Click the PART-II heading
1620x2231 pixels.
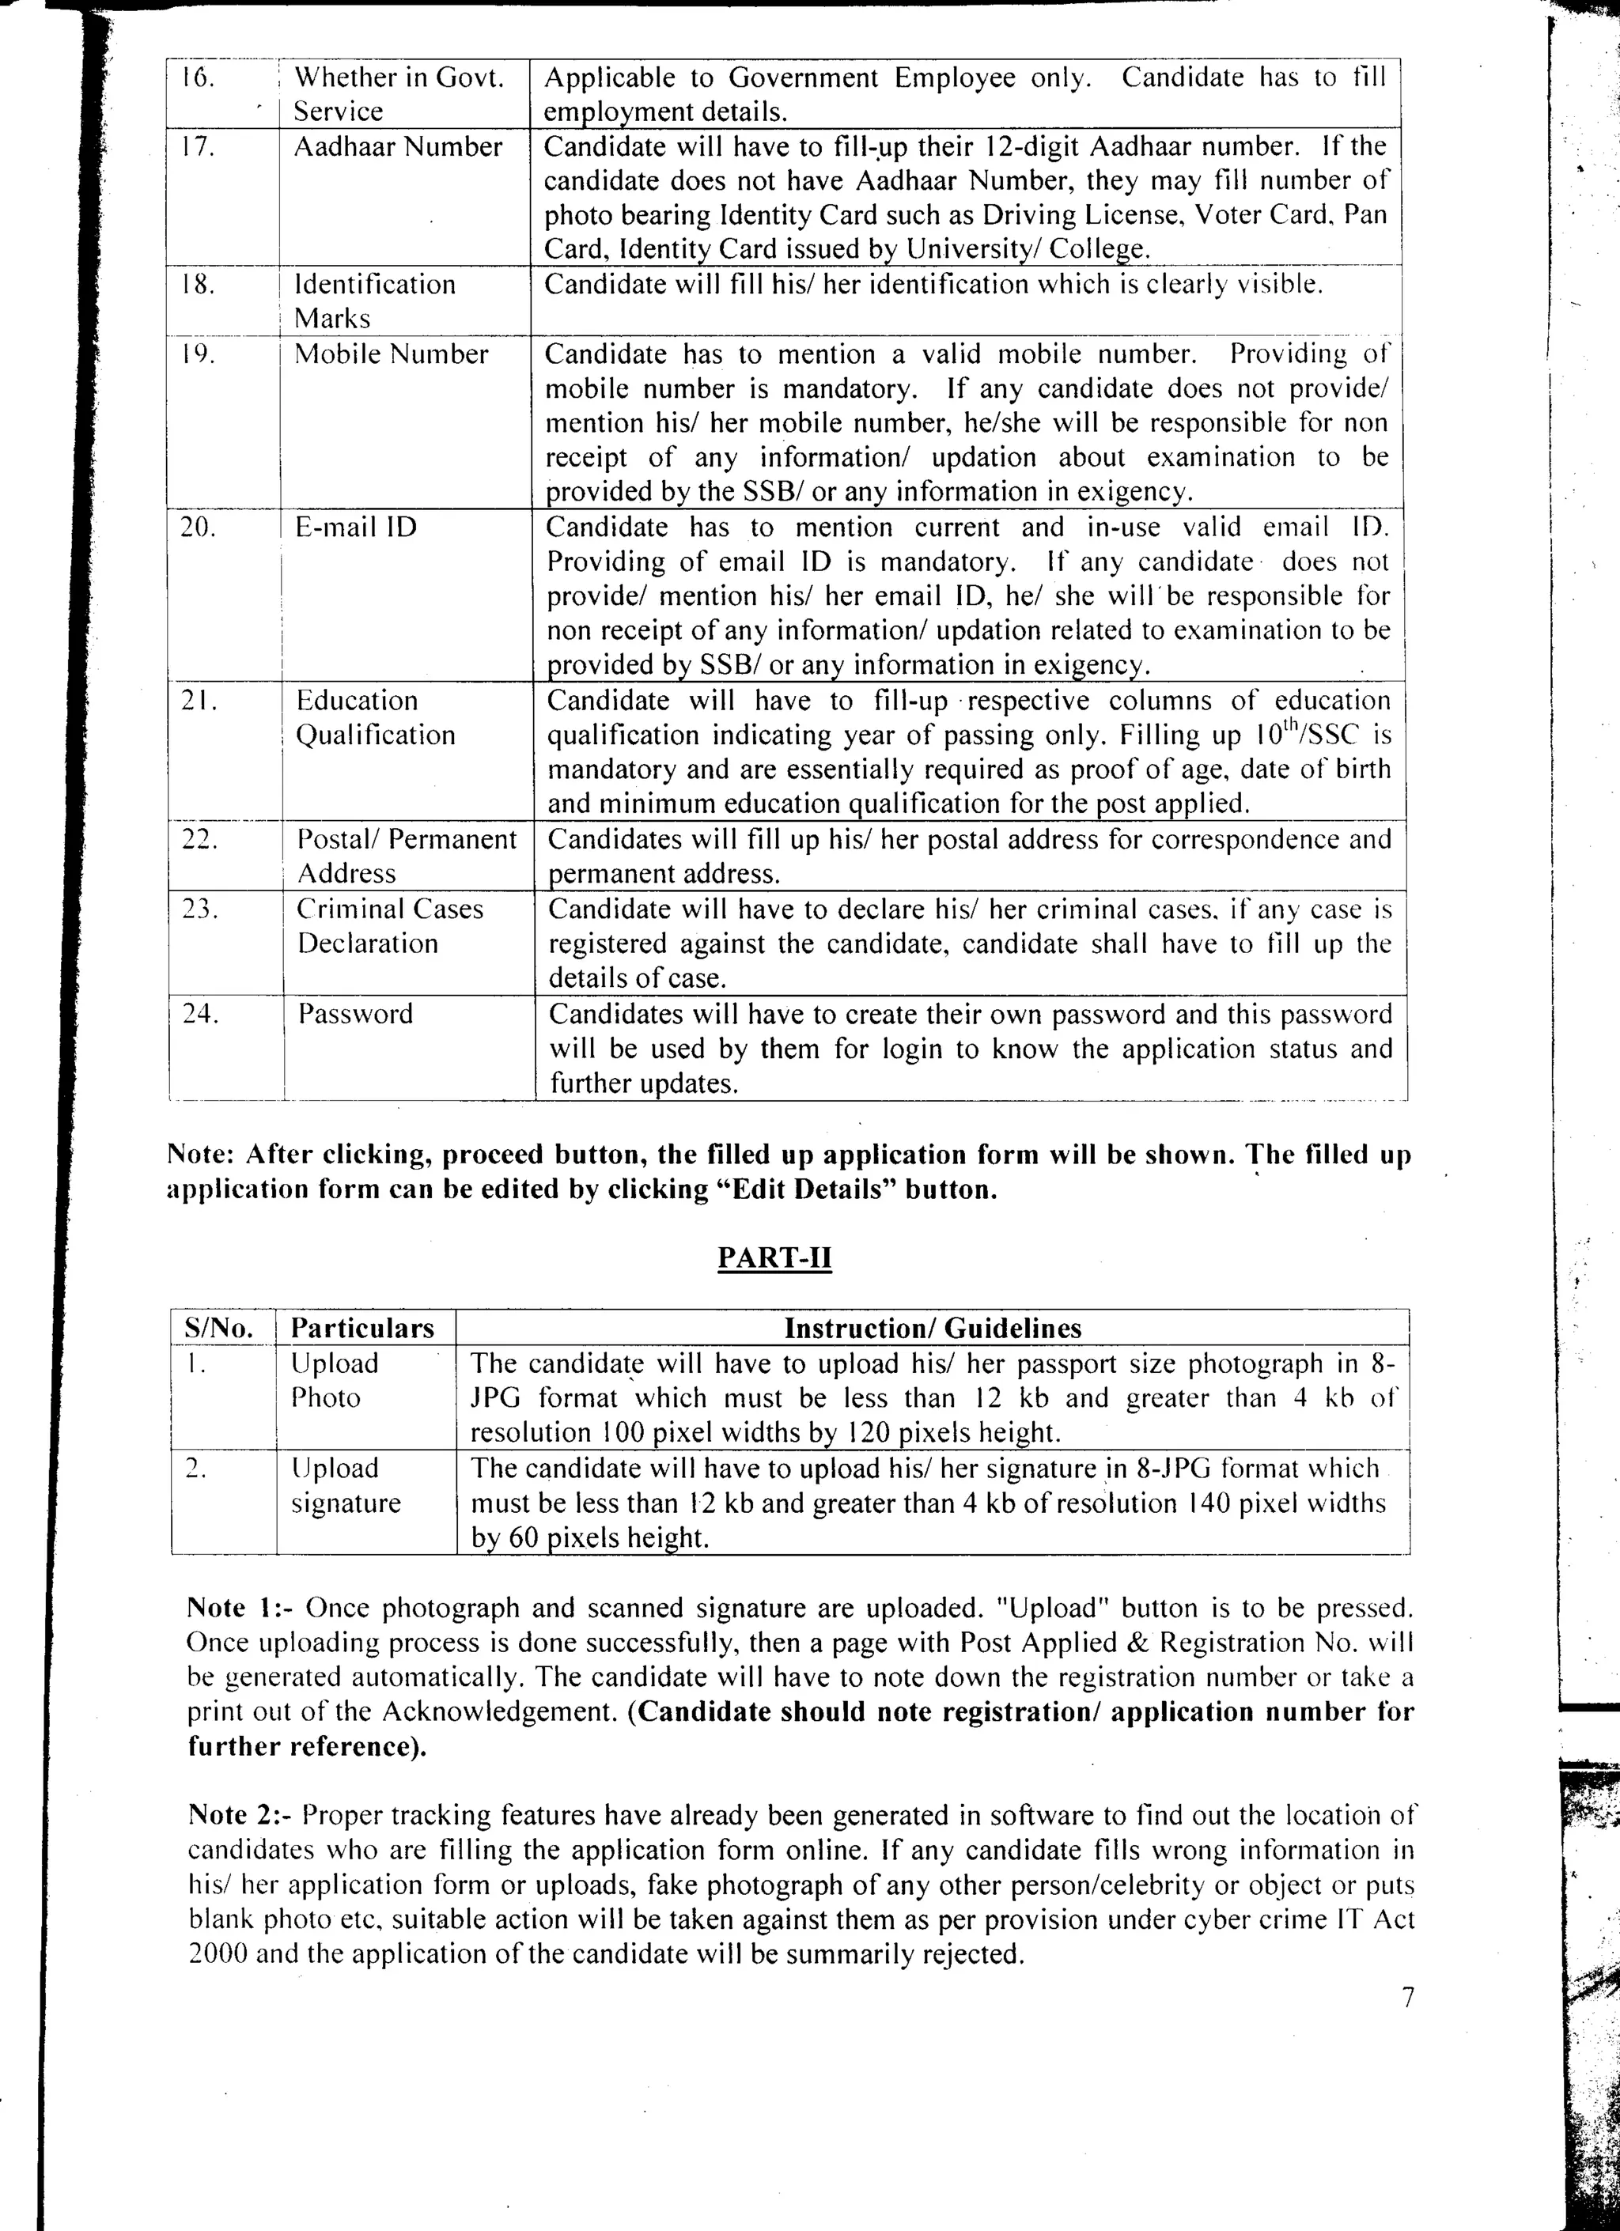(774, 1259)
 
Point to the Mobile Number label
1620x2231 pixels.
(392, 354)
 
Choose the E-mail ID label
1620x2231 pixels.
(356, 527)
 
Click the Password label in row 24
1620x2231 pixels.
(355, 1013)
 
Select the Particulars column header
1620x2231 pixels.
(362, 1328)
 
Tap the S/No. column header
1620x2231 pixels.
(218, 1328)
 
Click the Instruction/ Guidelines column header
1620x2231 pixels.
(932, 1328)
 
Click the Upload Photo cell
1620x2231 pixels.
(334, 1380)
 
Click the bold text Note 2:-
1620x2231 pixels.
(241, 1814)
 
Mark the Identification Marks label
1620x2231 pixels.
(375, 301)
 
